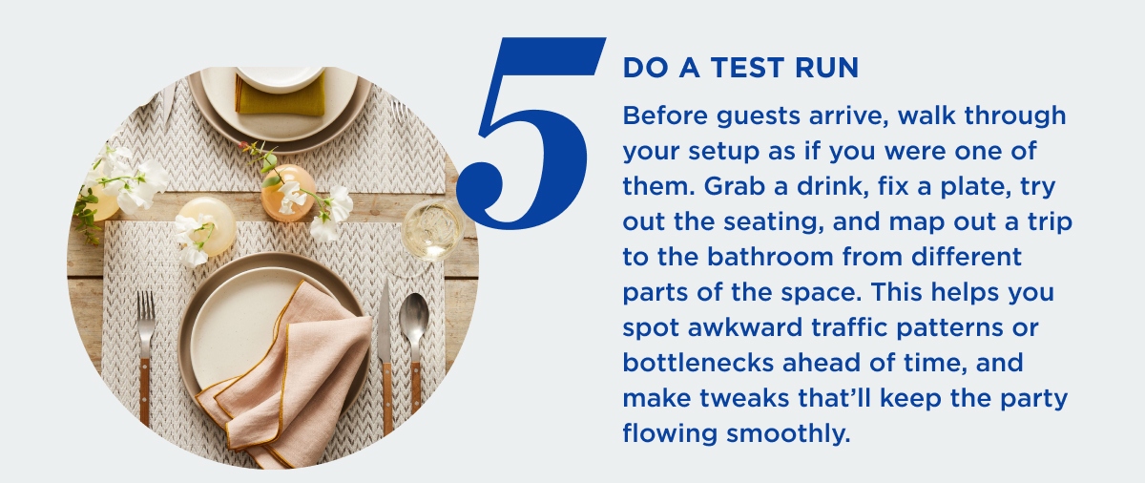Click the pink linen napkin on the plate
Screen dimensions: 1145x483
click(292, 378)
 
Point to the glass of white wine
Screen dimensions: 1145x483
click(432, 231)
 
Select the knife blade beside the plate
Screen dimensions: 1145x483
click(385, 322)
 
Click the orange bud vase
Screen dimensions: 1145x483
click(288, 193)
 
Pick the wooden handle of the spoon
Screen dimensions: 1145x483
click(416, 387)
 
